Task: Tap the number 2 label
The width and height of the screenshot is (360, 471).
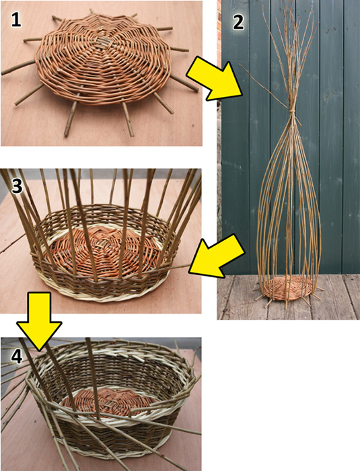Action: click(237, 22)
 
